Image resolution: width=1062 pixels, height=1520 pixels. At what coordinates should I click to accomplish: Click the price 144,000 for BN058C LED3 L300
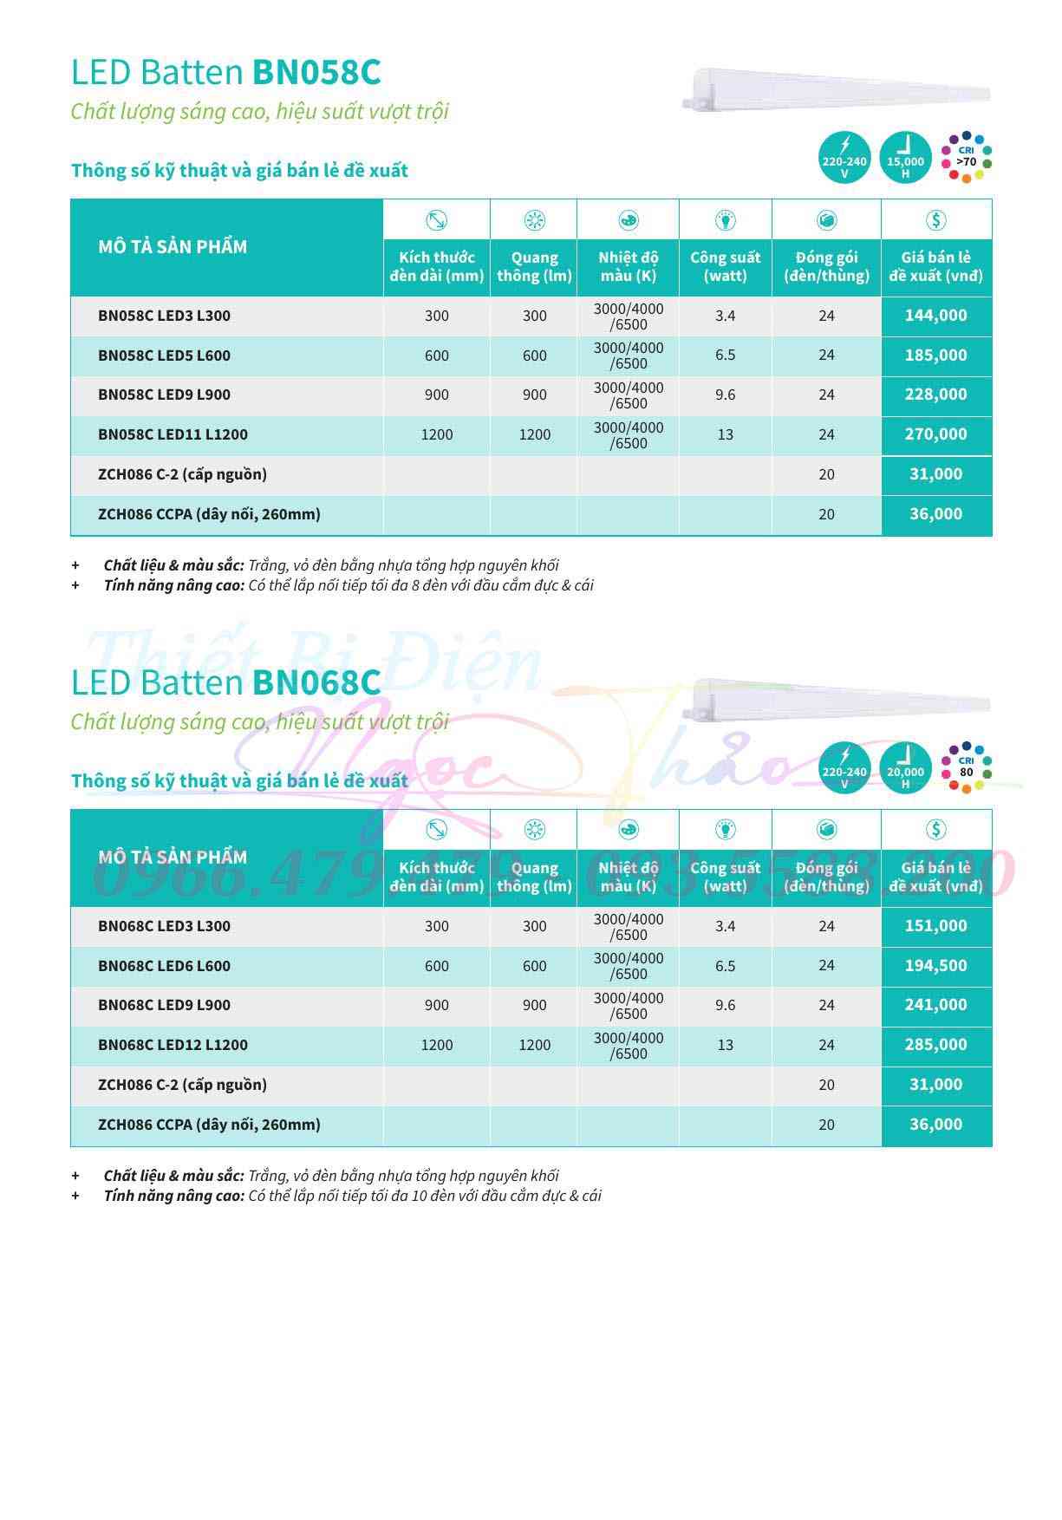pos(935,316)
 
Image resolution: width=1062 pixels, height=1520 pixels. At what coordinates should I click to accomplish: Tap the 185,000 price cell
pos(935,356)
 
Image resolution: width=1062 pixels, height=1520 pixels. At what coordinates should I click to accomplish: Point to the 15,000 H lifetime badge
pos(905,159)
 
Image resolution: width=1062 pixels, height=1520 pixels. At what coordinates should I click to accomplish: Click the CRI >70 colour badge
pos(967,158)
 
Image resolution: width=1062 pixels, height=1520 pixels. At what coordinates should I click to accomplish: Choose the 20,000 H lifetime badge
pos(905,768)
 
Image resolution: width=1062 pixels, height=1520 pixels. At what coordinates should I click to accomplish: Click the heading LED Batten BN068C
pos(225,682)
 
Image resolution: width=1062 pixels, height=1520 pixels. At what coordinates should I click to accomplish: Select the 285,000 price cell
pos(935,1045)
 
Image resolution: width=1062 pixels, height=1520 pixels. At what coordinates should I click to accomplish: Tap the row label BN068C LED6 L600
pos(164,966)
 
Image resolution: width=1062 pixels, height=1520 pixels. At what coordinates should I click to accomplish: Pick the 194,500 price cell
pos(935,966)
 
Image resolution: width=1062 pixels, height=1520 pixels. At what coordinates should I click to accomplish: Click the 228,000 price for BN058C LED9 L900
pos(935,395)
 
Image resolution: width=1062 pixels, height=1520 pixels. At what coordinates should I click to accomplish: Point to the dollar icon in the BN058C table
pos(935,220)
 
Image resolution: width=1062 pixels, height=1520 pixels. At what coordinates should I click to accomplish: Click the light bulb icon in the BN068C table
pos(725,830)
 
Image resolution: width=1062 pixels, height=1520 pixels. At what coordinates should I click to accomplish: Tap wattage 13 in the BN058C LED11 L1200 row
pos(725,434)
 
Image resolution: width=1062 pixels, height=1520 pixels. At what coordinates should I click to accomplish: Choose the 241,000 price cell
pos(935,1005)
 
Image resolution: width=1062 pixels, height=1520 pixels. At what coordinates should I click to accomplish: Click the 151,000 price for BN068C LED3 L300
pos(935,926)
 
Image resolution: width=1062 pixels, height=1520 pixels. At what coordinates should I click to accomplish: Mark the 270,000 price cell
pos(935,434)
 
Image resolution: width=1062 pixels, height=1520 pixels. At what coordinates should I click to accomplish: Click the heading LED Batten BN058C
pos(225,72)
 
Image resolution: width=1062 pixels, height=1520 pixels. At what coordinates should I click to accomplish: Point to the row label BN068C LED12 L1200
pos(173,1045)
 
